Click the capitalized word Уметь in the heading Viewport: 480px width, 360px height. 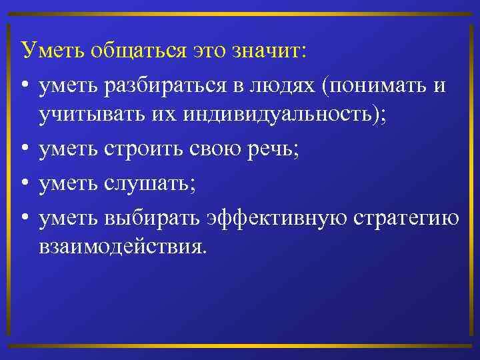(x=49, y=50)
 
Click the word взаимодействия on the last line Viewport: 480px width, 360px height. (x=123, y=248)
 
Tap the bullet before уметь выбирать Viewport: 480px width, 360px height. (x=24, y=218)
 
